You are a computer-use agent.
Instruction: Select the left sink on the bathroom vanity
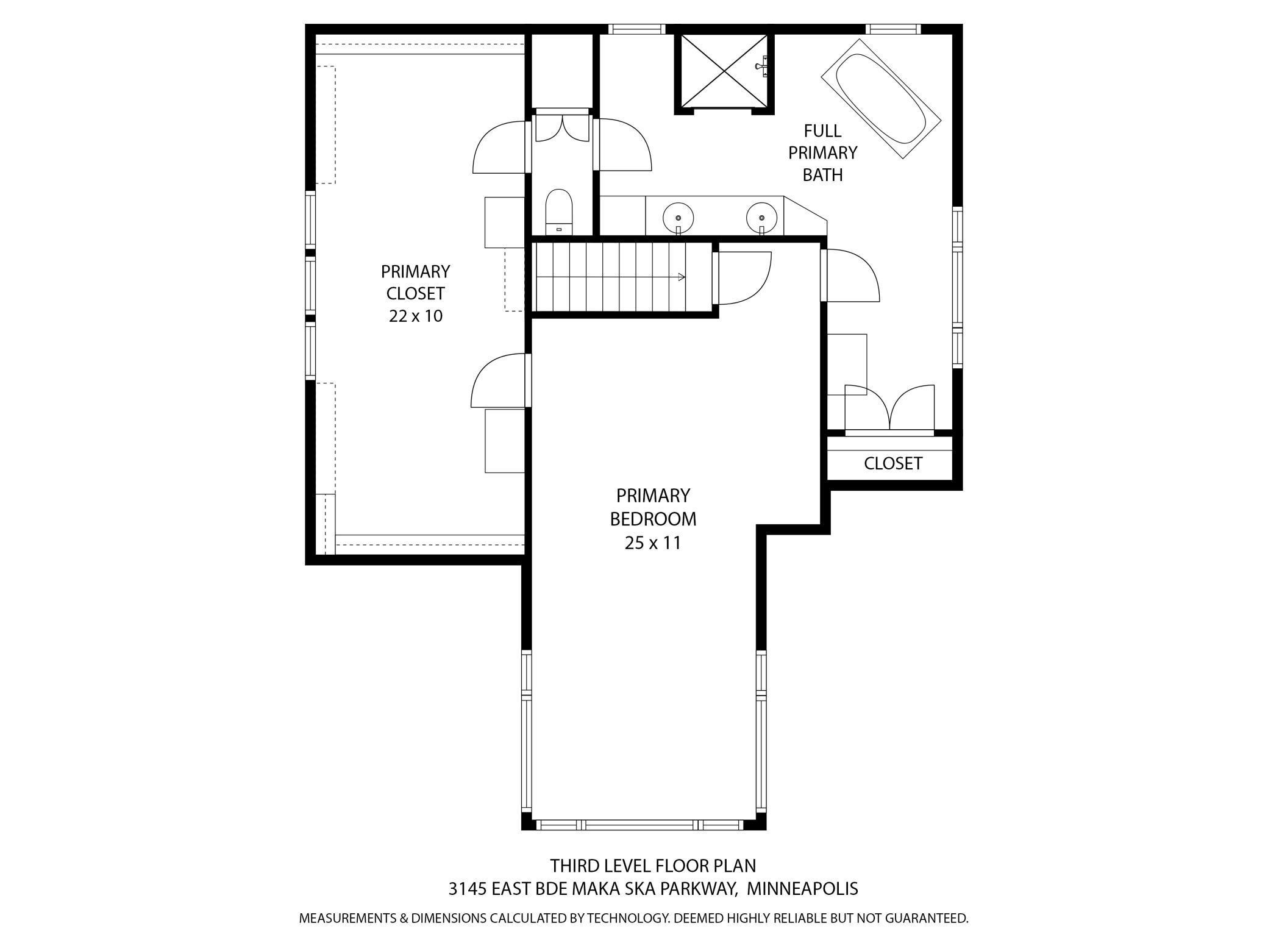678,217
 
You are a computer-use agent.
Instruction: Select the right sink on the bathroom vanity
761,217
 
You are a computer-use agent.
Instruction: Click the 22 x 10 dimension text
415,316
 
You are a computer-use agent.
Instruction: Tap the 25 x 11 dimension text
652,543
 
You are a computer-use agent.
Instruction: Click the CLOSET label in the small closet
892,463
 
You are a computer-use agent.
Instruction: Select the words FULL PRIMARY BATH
822,152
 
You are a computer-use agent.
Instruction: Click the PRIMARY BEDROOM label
652,507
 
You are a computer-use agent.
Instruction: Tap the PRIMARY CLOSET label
415,282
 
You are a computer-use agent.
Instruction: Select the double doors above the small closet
890,407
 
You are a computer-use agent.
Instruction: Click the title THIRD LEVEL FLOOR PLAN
652,866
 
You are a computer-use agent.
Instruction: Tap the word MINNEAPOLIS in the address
802,889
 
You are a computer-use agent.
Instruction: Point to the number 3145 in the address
467,889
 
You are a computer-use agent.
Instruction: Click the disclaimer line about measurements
633,918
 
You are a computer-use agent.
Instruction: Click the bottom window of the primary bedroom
639,825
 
